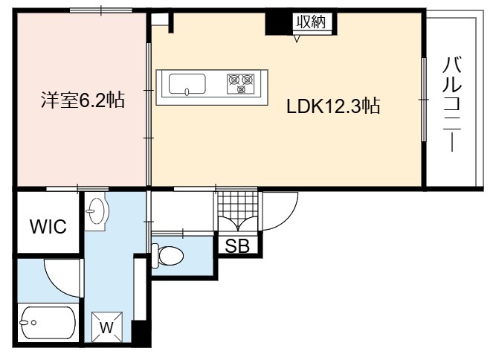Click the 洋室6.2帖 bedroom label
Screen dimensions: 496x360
(x=83, y=100)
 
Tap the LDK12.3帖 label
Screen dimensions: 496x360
(x=333, y=106)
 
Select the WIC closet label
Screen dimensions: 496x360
(x=48, y=226)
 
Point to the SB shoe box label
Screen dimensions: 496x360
(x=237, y=245)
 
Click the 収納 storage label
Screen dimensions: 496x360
(x=312, y=22)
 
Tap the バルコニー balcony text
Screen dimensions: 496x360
(x=452, y=104)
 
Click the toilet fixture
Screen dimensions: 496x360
(x=167, y=255)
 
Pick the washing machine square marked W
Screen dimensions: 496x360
(x=107, y=327)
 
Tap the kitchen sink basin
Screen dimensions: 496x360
(x=187, y=84)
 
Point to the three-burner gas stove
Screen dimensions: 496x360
(x=241, y=83)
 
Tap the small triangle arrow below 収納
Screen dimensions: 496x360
(x=297, y=39)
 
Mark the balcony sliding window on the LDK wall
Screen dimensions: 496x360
(x=424, y=100)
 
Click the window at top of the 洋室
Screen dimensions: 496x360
(x=101, y=10)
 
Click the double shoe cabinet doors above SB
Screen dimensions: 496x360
(x=238, y=224)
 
